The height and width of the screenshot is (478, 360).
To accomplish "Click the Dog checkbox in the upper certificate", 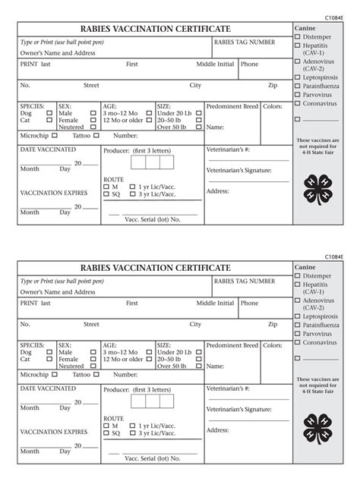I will [x=49, y=114].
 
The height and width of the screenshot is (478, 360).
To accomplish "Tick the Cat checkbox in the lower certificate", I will [x=49, y=360].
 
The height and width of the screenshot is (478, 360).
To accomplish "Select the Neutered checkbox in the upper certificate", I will [x=93, y=127].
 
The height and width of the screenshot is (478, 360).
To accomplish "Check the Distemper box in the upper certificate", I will [x=298, y=36].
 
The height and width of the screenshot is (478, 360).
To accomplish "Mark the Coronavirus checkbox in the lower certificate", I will [x=298, y=342].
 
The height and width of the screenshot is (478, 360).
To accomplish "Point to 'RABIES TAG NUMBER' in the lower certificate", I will [x=245, y=281].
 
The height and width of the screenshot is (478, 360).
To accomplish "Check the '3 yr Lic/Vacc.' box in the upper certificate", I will [x=133, y=193].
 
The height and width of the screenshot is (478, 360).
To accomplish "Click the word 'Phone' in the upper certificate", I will [x=249, y=64].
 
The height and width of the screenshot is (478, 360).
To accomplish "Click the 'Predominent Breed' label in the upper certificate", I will [x=232, y=107].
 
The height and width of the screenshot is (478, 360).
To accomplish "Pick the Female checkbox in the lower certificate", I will [x=93, y=360].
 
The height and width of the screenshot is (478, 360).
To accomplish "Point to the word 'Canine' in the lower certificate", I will [x=305, y=267].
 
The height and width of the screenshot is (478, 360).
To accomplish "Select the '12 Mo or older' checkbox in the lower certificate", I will [x=149, y=360].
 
